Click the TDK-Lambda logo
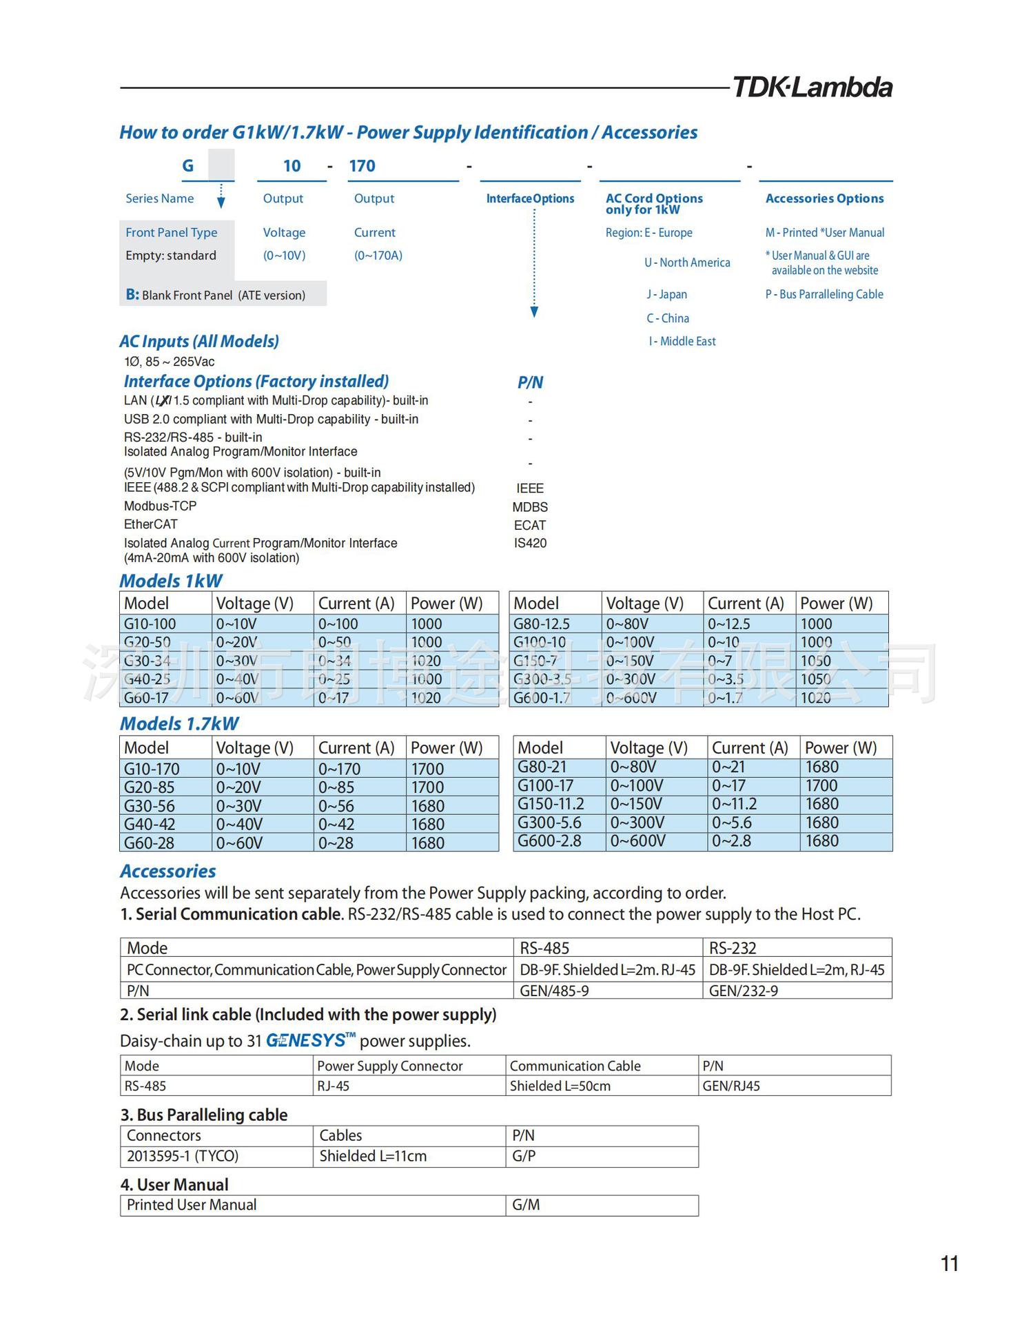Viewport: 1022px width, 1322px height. [x=812, y=87]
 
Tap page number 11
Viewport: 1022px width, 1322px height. [x=949, y=1263]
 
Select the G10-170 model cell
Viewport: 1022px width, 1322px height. [x=152, y=769]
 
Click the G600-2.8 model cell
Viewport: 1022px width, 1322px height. [x=549, y=841]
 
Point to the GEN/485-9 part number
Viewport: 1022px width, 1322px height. [x=554, y=991]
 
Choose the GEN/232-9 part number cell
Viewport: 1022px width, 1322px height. [x=744, y=991]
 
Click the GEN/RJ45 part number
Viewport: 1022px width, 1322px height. [x=731, y=1086]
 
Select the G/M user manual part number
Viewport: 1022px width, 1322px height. [x=526, y=1205]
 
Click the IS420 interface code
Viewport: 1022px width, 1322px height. [x=530, y=543]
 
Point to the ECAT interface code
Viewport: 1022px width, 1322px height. [x=529, y=525]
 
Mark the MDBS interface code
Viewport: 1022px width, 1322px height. [x=530, y=507]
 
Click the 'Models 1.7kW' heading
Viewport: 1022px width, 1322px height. [x=179, y=724]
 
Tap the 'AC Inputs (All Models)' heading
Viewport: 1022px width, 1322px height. [x=199, y=342]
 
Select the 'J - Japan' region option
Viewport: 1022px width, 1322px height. [x=666, y=294]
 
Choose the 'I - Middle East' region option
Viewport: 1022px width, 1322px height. [x=682, y=341]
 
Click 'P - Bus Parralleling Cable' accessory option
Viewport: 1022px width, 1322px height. [x=824, y=294]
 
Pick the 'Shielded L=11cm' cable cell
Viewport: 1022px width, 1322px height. [x=373, y=1156]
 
